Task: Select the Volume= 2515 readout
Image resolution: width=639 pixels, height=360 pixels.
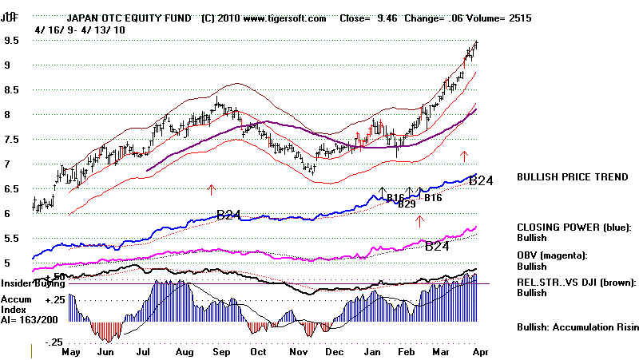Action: click(503, 18)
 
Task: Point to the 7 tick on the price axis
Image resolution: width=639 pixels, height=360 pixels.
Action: click(7, 164)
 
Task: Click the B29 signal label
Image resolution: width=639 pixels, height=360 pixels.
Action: click(407, 204)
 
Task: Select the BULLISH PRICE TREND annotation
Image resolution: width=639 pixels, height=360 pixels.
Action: click(571, 176)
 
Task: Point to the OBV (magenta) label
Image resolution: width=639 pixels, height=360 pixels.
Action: click(551, 255)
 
